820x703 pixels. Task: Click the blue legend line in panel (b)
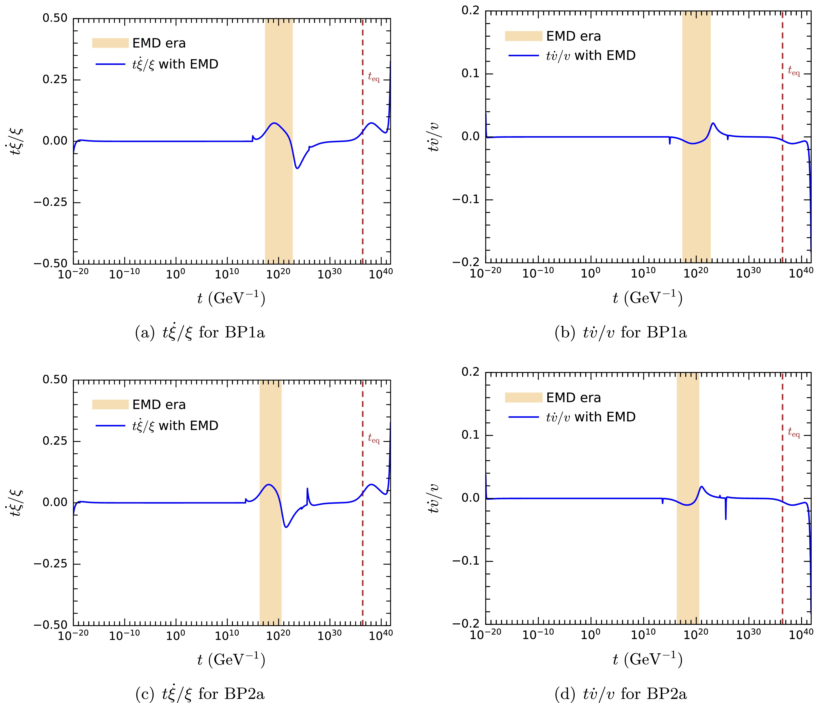[523, 56]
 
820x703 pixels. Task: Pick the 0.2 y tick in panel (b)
[471, 11]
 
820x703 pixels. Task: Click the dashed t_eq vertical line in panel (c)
[363, 554]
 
